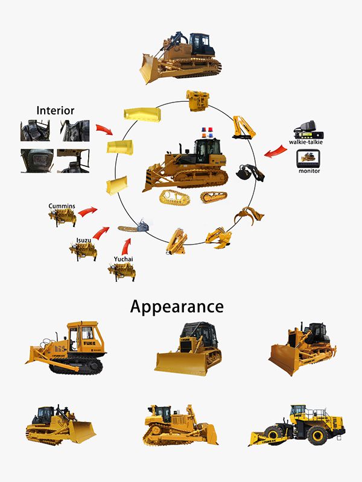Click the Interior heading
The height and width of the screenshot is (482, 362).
click(x=56, y=110)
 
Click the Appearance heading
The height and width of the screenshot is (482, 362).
click(x=177, y=307)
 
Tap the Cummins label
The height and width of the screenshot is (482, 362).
click(x=62, y=206)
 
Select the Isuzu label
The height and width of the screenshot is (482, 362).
click(x=84, y=240)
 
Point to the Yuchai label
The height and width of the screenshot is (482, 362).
click(x=124, y=259)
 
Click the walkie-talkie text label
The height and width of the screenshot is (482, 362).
click(x=306, y=142)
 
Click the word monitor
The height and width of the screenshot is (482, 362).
click(x=310, y=171)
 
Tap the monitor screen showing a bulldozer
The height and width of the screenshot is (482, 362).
click(x=308, y=158)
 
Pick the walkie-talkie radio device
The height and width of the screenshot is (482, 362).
click(x=308, y=130)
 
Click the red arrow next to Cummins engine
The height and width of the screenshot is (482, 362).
click(x=87, y=211)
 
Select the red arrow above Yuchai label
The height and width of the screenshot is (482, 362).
click(x=125, y=246)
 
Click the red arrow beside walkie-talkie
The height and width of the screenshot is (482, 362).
click(x=276, y=151)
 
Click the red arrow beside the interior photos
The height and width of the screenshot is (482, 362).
click(x=104, y=130)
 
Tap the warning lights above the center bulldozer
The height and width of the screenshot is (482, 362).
click(x=207, y=133)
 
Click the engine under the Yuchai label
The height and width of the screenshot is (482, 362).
click(x=122, y=272)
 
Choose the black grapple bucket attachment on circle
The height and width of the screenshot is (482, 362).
click(x=250, y=173)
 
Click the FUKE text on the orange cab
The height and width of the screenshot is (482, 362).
click(x=89, y=343)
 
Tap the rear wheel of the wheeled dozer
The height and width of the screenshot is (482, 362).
click(x=317, y=434)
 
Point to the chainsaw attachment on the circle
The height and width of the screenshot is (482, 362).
click(x=133, y=228)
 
